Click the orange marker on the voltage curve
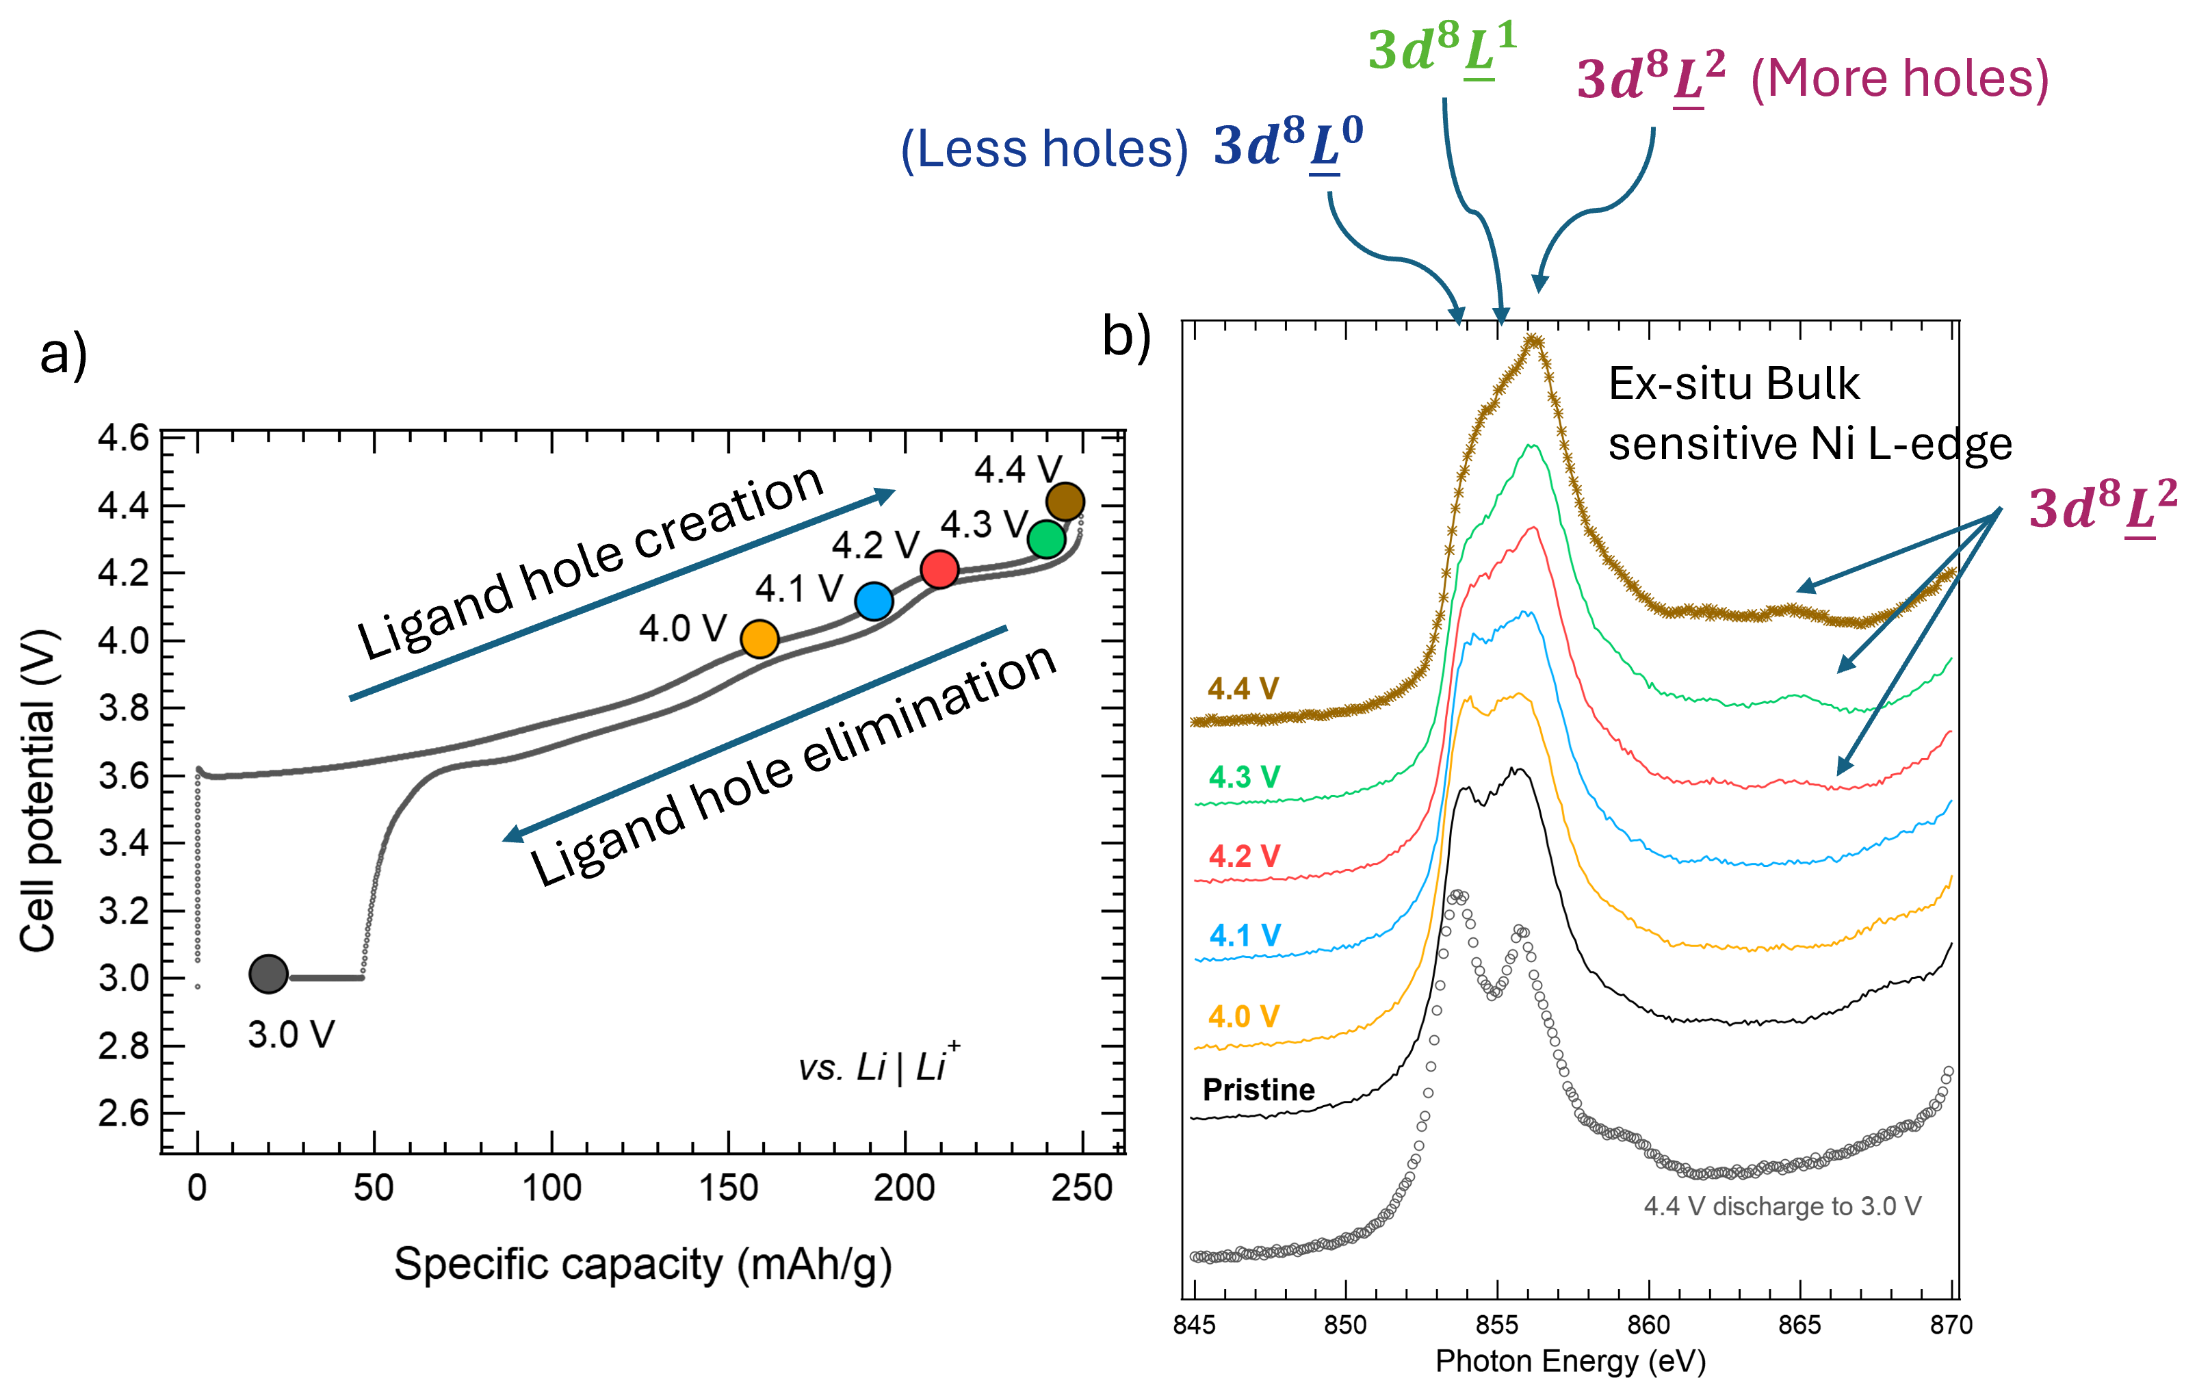[759, 639]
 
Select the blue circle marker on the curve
[874, 601]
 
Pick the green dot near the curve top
[1046, 539]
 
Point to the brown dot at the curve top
[1065, 502]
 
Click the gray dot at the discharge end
[268, 973]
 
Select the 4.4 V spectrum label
[1243, 688]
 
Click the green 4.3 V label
[1244, 777]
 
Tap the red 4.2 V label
[1244, 855]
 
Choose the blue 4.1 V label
[1244, 935]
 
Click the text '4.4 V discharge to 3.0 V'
[1782, 1206]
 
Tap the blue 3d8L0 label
[1288, 144]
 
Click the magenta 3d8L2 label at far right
[2103, 507]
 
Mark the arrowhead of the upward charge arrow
[885, 495]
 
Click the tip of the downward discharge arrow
[510, 835]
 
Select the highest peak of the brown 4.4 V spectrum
[1533, 339]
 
